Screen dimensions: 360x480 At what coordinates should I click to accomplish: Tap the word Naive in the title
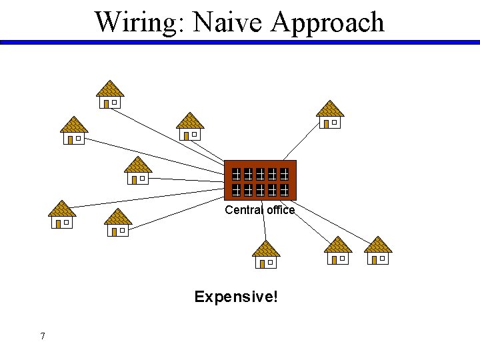[227, 22]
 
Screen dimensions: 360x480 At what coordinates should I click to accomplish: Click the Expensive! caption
[236, 296]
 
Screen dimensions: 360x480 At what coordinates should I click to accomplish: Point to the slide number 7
[43, 336]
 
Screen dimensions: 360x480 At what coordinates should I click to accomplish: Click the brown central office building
[260, 180]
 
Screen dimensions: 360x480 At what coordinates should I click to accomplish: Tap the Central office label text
[259, 210]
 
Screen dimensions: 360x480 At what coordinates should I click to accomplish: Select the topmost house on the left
[110, 95]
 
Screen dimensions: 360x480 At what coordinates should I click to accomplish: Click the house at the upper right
[329, 115]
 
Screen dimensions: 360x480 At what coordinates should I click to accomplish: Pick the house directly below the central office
[266, 255]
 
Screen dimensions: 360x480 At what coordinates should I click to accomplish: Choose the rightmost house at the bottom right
[378, 251]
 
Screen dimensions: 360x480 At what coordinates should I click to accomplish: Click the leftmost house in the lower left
[62, 215]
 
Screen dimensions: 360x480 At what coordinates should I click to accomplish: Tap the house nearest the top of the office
[190, 127]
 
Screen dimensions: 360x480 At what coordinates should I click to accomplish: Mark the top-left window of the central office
[236, 174]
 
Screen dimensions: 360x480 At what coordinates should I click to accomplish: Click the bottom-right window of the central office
[284, 190]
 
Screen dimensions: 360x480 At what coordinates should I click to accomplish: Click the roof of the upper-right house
[329, 109]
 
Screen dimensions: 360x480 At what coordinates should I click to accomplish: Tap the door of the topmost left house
[106, 103]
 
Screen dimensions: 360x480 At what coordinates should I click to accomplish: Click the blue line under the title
[240, 42]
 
